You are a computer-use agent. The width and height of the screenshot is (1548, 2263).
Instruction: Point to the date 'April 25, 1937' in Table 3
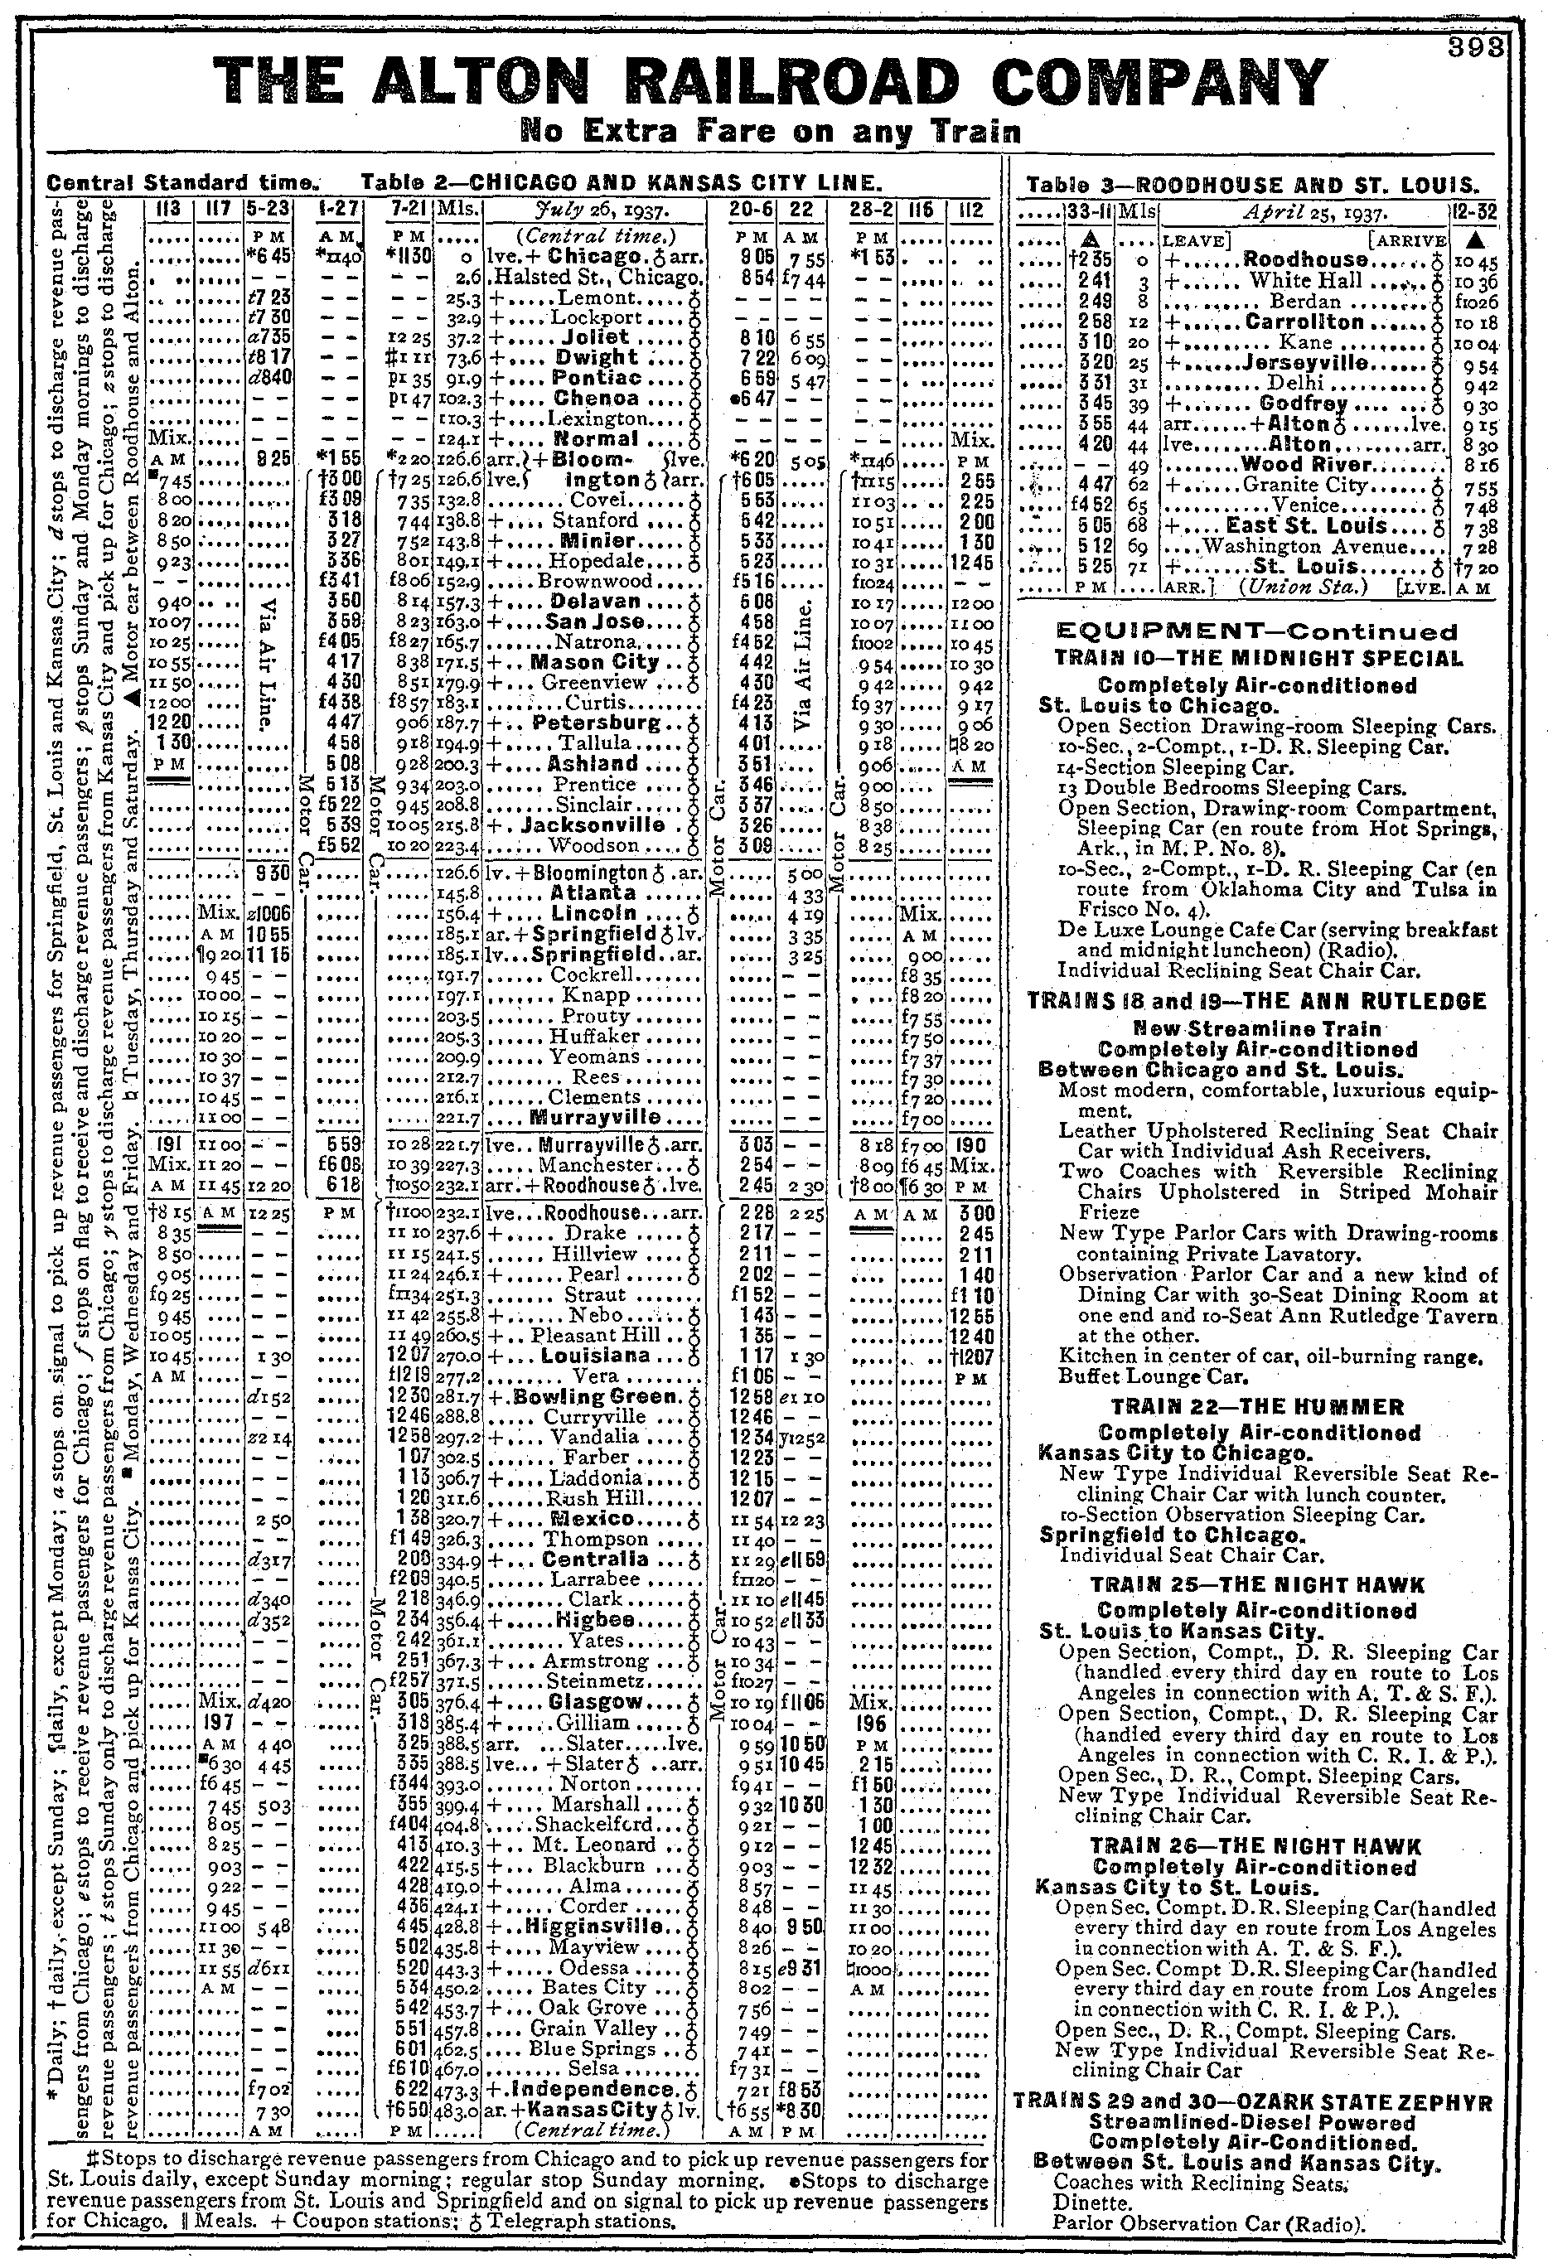point(1304,211)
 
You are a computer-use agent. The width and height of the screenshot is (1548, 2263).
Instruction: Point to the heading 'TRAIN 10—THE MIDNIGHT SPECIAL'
point(1258,658)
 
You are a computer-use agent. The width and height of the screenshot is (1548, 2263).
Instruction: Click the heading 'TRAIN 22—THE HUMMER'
point(1257,1407)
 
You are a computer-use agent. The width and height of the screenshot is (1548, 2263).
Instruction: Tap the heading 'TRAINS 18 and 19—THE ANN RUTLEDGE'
point(1257,1002)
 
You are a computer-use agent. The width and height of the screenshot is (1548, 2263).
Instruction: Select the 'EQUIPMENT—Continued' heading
point(1257,632)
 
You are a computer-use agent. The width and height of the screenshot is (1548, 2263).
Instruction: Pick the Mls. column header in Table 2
point(456,210)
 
